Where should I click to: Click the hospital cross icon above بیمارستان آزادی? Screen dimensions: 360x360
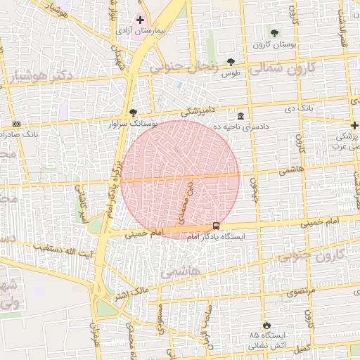(140, 20)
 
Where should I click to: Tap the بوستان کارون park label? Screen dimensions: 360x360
(276, 44)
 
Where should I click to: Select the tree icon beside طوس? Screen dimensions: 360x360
(231, 62)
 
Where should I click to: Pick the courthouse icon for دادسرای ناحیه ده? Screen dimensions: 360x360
(240, 116)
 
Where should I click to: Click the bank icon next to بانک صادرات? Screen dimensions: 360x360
(16, 124)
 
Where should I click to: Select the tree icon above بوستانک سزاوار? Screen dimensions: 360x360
(133, 112)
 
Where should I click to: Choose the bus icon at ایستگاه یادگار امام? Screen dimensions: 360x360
(216, 226)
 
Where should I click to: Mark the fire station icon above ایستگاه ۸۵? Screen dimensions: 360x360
(266, 325)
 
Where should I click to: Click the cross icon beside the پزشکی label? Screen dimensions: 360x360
(354, 125)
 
